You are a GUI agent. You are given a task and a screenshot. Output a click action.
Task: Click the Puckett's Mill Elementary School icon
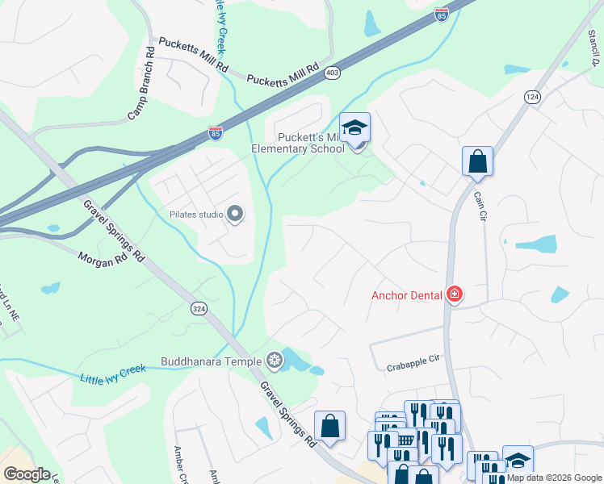pos(354,128)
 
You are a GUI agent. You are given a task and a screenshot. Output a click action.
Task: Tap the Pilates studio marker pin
pos(235,214)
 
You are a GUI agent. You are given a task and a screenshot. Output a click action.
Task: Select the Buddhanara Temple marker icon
pos(275,360)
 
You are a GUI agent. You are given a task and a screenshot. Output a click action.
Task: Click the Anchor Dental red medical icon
pos(455,294)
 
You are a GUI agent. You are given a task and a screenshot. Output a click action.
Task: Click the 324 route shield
pos(199,308)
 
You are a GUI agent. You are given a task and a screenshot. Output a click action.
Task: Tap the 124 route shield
pos(532,97)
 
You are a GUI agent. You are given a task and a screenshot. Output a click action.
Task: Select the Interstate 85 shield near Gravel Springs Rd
pos(216,132)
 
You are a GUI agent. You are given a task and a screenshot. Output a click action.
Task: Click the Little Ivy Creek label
pos(112,373)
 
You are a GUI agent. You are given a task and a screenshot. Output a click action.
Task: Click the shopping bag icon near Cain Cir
pos(477,161)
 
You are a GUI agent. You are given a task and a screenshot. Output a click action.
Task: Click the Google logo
pos(27,474)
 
